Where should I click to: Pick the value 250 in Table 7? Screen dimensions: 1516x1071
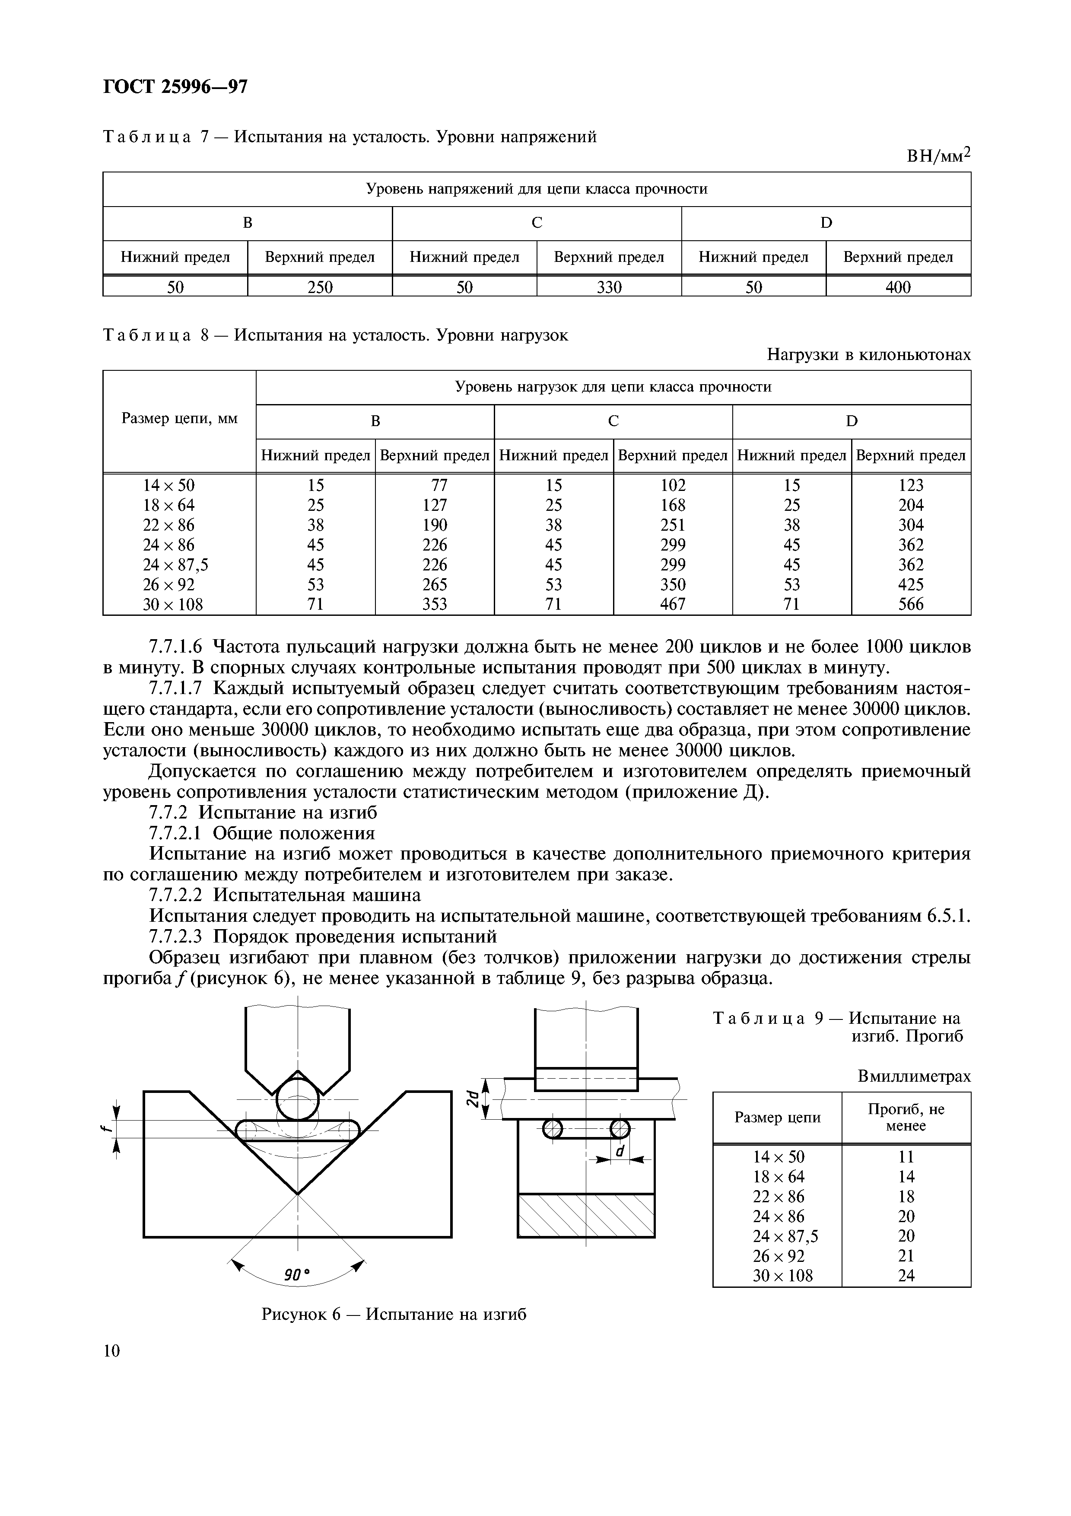tap(320, 287)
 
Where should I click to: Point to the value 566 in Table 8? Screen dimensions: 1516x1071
tap(911, 604)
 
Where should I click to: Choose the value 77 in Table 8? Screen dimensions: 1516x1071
tap(438, 485)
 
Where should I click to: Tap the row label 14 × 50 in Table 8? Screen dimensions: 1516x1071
tap(169, 485)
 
